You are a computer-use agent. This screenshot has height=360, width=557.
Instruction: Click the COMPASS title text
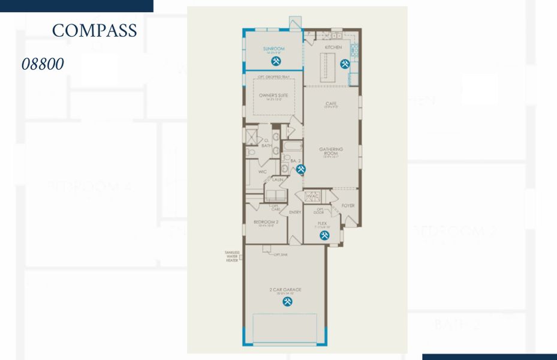[x=94, y=31]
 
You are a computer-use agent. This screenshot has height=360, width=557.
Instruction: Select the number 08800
[x=43, y=64]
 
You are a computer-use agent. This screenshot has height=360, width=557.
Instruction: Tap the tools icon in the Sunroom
[x=276, y=61]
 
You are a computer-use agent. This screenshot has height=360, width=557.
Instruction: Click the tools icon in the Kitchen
[x=345, y=64]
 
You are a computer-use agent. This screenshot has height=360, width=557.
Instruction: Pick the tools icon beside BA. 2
[x=301, y=169]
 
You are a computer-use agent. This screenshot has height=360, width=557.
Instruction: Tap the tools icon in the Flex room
[x=324, y=236]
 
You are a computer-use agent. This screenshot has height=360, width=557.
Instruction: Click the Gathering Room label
[x=330, y=151]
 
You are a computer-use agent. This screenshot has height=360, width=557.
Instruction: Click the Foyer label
[x=348, y=206]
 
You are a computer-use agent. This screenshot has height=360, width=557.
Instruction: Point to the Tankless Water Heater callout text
[x=231, y=257]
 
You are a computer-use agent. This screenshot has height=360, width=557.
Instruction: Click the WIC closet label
[x=262, y=172]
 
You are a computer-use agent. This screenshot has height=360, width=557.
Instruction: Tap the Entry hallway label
[x=294, y=212]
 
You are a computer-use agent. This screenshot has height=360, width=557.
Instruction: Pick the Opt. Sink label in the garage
[x=280, y=255]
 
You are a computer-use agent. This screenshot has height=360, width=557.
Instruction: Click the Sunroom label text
[x=273, y=48]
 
